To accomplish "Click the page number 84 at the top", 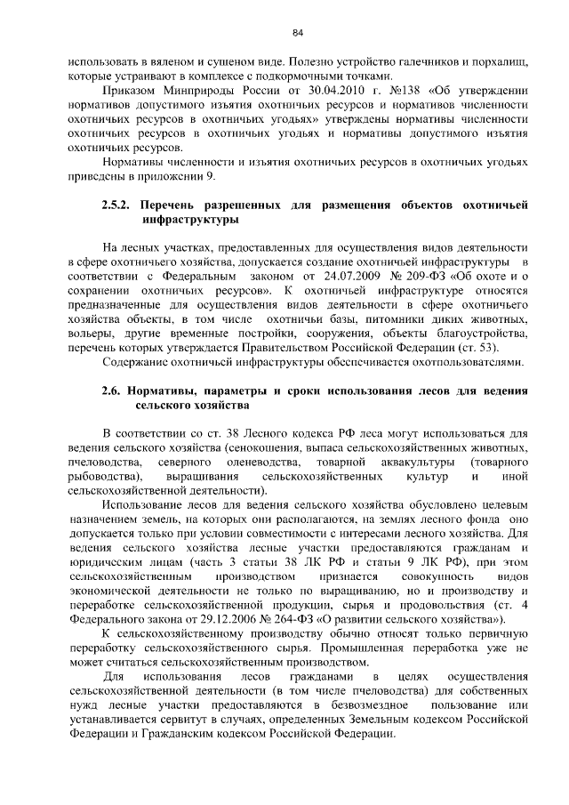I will pyautogui.click(x=298, y=33).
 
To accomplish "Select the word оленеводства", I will pyautogui.click(x=258, y=462).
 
